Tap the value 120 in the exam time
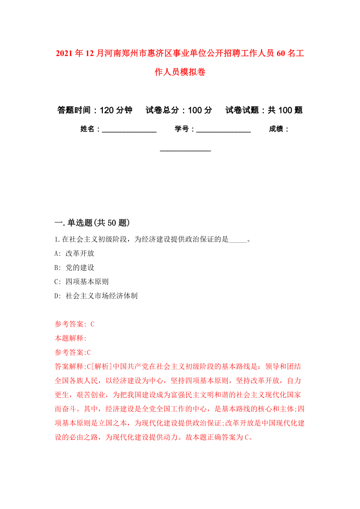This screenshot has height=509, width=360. tap(107, 110)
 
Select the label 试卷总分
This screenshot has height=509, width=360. tap(160, 110)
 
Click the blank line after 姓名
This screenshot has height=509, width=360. tap(129, 130)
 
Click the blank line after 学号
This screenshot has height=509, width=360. tap(223, 130)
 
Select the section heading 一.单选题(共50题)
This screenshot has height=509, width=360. tap(92, 223)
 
